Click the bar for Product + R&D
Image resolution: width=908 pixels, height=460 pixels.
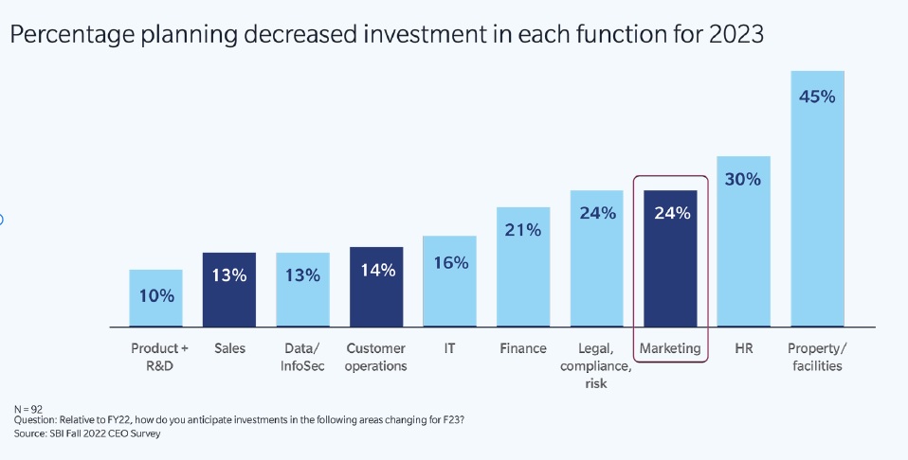click(x=156, y=298)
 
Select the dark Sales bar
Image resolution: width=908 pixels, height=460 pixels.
click(x=229, y=290)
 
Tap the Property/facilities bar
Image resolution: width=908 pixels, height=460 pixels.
click(x=818, y=199)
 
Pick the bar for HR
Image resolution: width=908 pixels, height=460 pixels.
click(x=744, y=241)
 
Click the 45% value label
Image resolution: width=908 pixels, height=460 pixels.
click(x=818, y=97)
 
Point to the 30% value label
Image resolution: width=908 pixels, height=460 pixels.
click(x=744, y=179)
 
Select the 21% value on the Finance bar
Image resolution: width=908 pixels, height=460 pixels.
click(x=523, y=230)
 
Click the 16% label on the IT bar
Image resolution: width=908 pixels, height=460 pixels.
click(x=449, y=263)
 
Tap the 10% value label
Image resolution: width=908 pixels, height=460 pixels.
click(x=156, y=295)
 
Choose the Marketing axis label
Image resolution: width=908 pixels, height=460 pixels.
click(x=670, y=348)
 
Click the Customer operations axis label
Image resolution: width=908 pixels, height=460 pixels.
click(x=376, y=357)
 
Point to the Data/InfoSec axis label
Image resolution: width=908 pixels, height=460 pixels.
click(x=303, y=357)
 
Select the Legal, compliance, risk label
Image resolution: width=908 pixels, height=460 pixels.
click(x=597, y=365)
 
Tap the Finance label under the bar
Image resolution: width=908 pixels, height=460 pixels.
click(x=523, y=348)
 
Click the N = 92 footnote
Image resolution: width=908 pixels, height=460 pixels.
click(x=29, y=409)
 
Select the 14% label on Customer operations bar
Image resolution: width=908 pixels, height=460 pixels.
click(x=376, y=270)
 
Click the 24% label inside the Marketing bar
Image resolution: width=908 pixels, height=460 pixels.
click(x=670, y=213)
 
